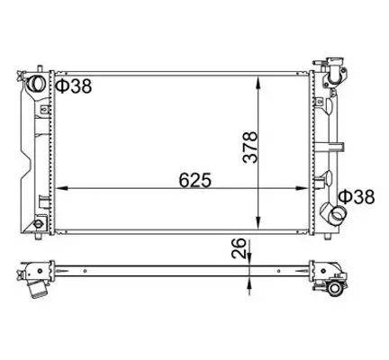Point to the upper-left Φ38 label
(74, 86)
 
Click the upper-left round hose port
(38, 84)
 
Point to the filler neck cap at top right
(335, 67)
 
